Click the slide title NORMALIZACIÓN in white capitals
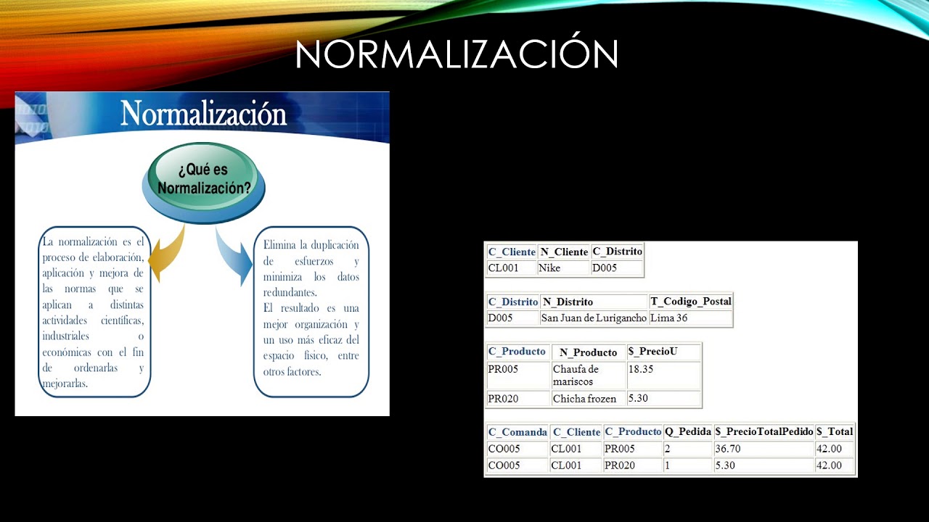[x=457, y=54]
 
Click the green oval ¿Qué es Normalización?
[x=204, y=179]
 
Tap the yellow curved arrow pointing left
[x=166, y=254]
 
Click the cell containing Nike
[x=549, y=268]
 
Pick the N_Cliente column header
[x=564, y=252]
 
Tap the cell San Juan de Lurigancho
[x=594, y=318]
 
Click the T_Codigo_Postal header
[x=691, y=301]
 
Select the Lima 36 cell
[x=668, y=318]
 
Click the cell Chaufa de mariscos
[x=576, y=376]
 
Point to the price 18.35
[x=641, y=369]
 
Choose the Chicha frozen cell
[x=584, y=398]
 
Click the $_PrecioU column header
[x=652, y=352]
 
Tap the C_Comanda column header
[x=517, y=432]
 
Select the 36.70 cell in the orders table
[x=728, y=449]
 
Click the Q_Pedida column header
[x=688, y=431]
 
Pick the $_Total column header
[x=835, y=431]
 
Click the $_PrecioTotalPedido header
[x=764, y=431]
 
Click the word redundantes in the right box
[x=290, y=292]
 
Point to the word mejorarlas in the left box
[x=65, y=384]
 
